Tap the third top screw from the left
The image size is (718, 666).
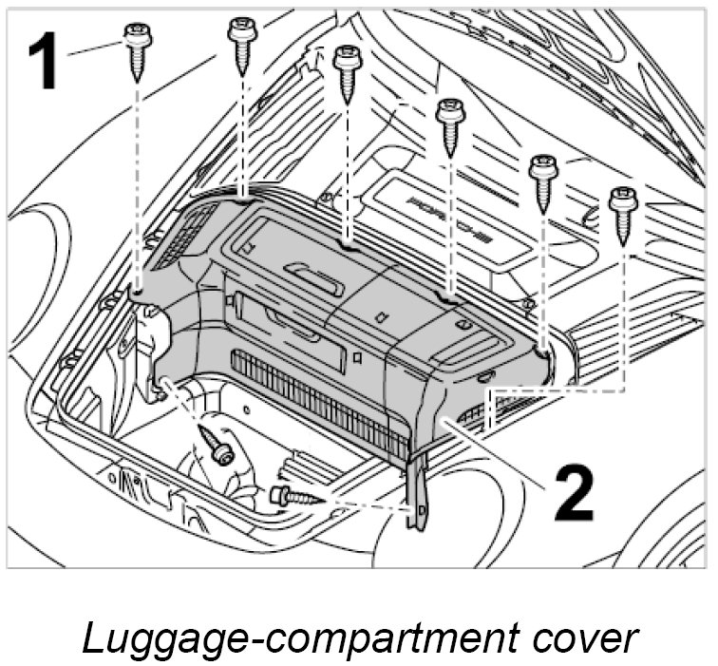(348, 67)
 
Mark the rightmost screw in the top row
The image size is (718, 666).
(623, 211)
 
